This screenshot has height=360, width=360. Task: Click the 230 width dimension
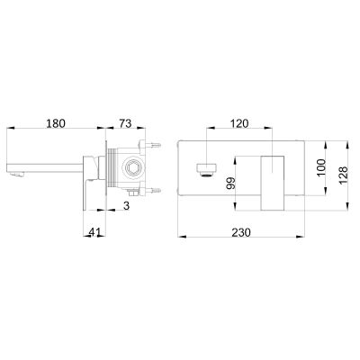(241, 231)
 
